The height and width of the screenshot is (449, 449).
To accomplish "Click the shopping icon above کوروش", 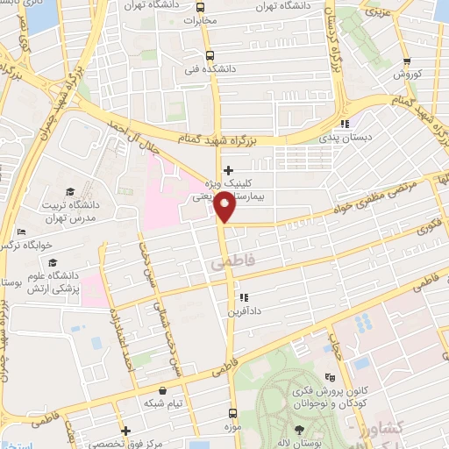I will pyautogui.click(x=406, y=61).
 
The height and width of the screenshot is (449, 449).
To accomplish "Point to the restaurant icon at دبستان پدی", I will pyautogui.click(x=346, y=124).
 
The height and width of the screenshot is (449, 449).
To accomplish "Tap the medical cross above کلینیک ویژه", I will pyautogui.click(x=228, y=170).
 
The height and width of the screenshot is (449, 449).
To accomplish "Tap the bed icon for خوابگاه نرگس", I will pyautogui.click(x=21, y=232).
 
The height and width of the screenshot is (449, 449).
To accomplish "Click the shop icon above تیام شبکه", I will pyautogui.click(x=162, y=391).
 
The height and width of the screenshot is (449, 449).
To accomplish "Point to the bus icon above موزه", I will pyautogui.click(x=232, y=411).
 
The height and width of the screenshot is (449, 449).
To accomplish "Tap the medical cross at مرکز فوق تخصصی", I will pyautogui.click(x=126, y=431).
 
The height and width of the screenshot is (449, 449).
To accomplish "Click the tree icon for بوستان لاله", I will pyautogui.click(x=301, y=429).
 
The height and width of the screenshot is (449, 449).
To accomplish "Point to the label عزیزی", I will pyautogui.click(x=376, y=14).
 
